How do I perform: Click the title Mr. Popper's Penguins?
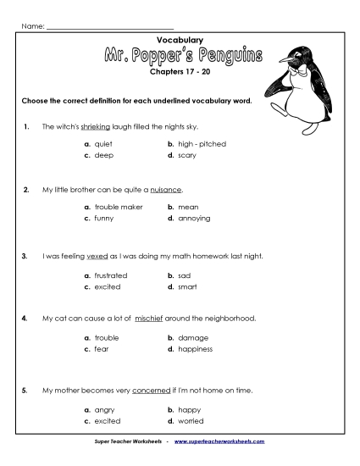coord(180,57)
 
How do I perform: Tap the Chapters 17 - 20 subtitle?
coord(180,74)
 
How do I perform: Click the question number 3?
coord(28,254)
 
